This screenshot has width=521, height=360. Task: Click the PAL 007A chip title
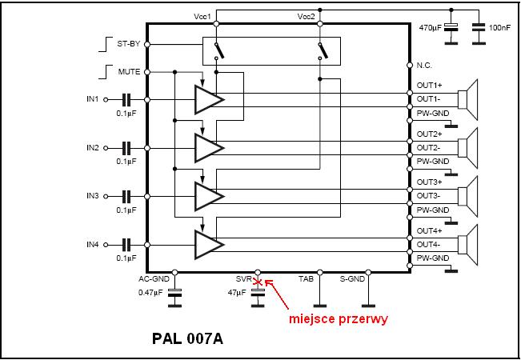187,338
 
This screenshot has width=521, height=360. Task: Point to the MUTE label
129,72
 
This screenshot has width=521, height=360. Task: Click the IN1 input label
93,99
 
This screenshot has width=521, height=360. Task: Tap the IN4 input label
93,243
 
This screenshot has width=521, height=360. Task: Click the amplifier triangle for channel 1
207,99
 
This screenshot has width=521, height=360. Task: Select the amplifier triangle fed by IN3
207,195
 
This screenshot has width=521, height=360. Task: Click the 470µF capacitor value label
431,28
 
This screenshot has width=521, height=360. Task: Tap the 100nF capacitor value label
499,28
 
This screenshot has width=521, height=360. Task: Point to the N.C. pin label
425,65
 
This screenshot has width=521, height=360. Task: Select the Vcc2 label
306,17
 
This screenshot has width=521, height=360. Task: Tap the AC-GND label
155,279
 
